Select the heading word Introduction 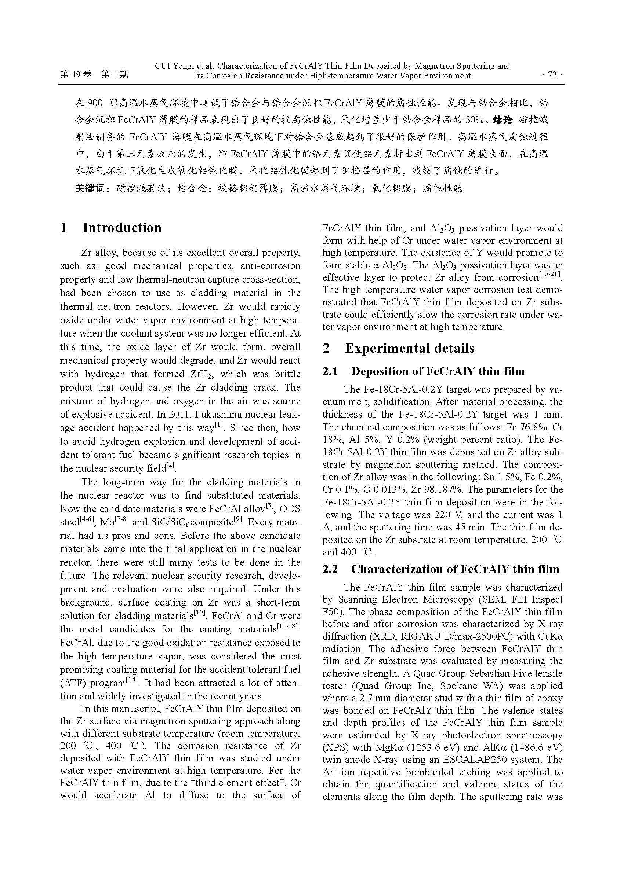[122, 228]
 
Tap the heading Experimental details [409, 348]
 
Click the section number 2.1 [330, 371]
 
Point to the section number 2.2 [330, 569]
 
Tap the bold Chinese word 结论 [503, 120]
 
